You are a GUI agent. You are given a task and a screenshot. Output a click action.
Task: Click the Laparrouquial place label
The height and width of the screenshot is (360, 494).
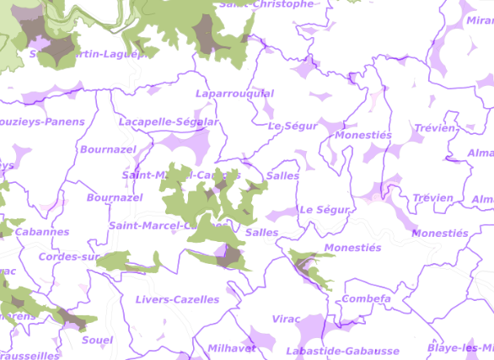[234, 94]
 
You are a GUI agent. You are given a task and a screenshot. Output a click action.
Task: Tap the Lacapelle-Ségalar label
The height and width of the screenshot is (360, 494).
[169, 122]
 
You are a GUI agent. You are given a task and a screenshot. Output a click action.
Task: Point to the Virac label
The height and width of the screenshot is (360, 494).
[287, 320]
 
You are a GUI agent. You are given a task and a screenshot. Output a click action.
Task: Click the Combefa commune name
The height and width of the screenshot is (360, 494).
[367, 299]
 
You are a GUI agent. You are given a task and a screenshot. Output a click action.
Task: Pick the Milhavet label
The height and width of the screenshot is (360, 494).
[232, 348]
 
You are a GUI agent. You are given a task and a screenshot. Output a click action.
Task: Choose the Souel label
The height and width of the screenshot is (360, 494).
[98, 340]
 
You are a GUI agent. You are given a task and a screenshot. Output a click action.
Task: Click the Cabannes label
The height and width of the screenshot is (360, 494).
[42, 232]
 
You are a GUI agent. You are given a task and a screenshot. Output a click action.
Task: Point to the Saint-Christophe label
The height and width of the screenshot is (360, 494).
[266, 4]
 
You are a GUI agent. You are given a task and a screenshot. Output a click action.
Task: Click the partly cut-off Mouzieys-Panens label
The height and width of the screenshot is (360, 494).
[42, 122]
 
